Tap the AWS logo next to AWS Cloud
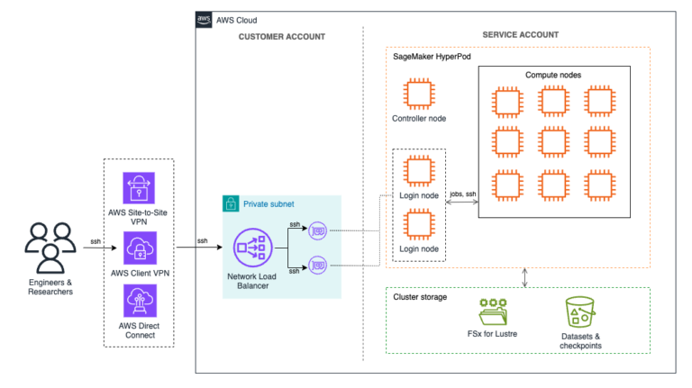point(205,20)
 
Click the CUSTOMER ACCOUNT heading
point(282,36)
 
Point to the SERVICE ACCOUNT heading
point(520,35)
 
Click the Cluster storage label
point(423,295)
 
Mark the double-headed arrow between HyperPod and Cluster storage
point(525,276)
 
